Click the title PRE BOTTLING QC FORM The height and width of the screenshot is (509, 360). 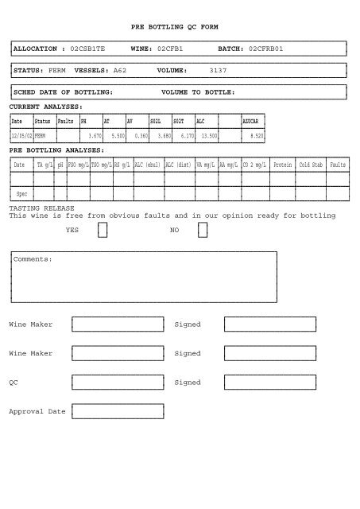pos(174,26)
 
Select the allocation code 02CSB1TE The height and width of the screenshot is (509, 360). pos(94,49)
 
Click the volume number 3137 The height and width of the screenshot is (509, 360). pos(218,71)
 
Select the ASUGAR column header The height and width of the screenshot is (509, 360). pos(251,122)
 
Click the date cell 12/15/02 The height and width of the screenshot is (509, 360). pos(21,136)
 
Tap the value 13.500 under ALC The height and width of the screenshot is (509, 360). pos(209,136)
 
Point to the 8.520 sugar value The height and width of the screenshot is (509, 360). pos(256,136)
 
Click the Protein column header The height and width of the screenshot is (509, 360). pos(282,165)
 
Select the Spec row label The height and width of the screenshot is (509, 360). pos(22,193)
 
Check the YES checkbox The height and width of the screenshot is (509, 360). pos(103,230)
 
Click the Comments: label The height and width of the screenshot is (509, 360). pos(33,259)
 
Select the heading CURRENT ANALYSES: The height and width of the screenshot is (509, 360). pos(45,106)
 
